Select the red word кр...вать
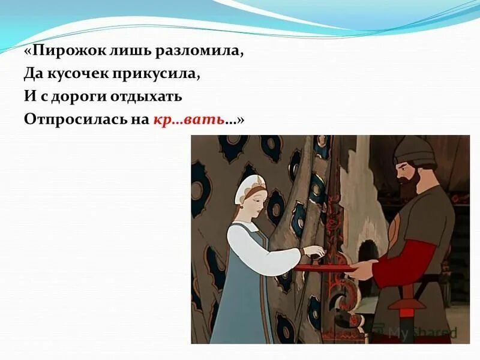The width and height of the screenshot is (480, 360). click(188, 119)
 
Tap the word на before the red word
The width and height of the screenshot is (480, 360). click(139, 119)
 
